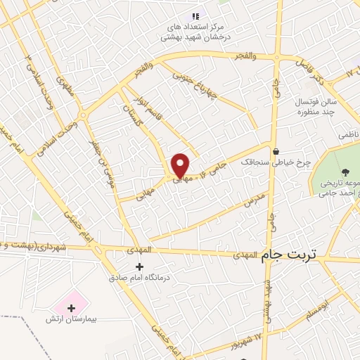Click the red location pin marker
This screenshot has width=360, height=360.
point(180,165)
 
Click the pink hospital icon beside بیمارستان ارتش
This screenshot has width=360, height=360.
point(70,307)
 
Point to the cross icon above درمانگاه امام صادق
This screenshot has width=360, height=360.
point(139,266)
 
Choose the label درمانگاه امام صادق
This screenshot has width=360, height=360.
point(140,278)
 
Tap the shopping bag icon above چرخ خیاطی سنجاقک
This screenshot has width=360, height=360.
point(276,150)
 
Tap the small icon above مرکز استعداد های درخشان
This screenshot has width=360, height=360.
point(195,16)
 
